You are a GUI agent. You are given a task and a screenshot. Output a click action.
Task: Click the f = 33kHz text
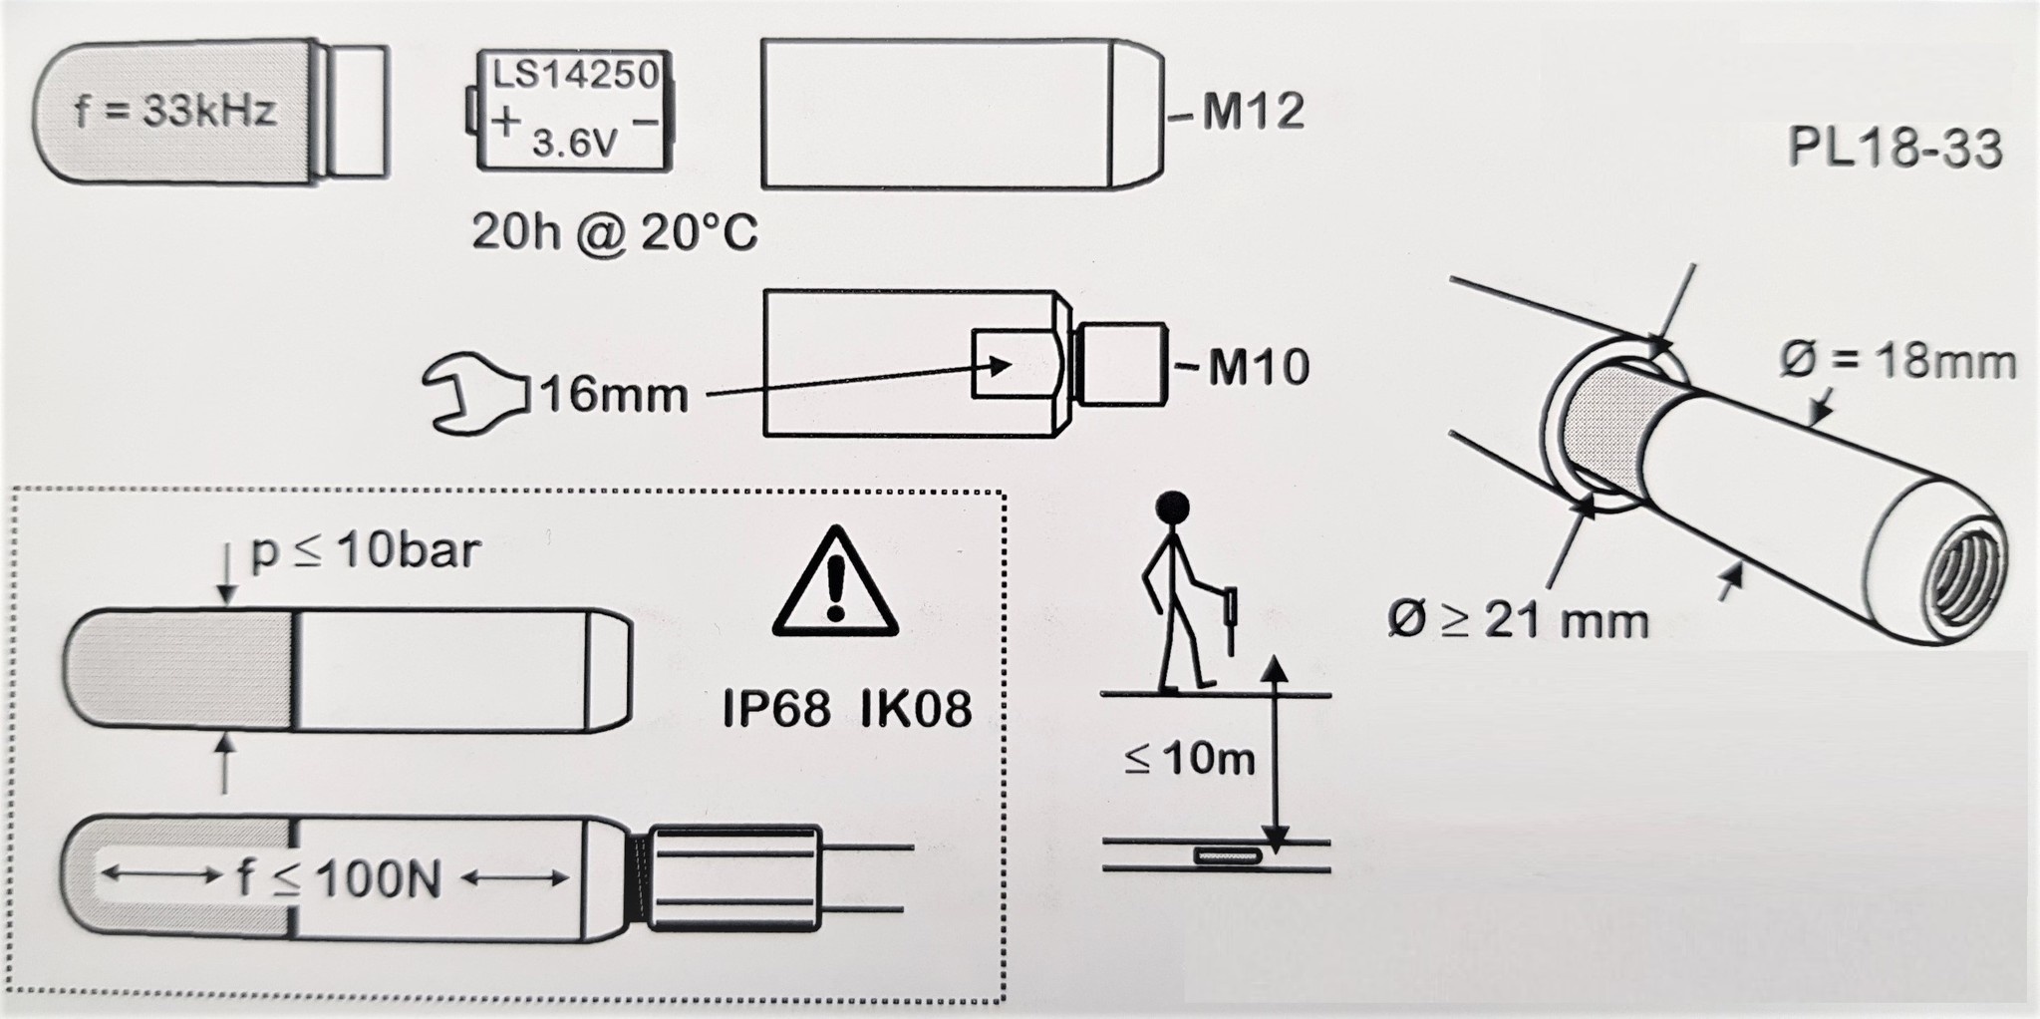(x=176, y=111)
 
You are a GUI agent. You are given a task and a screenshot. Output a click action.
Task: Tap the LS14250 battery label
(x=577, y=75)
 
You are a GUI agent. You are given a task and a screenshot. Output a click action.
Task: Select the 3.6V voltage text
(x=575, y=145)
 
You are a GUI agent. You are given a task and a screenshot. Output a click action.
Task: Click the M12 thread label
(x=1252, y=112)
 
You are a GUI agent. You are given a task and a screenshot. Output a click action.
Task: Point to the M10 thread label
(x=1258, y=367)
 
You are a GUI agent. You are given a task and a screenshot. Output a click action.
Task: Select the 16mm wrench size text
(x=614, y=396)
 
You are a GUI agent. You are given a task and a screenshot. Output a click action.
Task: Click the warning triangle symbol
(x=835, y=584)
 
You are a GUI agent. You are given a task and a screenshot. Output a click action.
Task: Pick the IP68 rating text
(x=776, y=710)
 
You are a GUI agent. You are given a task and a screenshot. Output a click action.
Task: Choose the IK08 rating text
(x=915, y=710)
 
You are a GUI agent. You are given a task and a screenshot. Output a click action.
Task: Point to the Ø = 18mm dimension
(x=1896, y=361)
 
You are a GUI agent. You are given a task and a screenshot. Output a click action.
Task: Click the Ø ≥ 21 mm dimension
(x=1518, y=621)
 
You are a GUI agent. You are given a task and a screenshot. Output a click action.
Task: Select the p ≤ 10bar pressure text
(x=365, y=550)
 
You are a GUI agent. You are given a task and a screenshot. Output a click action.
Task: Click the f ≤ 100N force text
(x=339, y=879)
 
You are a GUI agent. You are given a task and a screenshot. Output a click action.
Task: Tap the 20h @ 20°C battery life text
(x=614, y=233)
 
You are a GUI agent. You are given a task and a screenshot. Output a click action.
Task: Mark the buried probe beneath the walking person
(x=1228, y=855)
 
